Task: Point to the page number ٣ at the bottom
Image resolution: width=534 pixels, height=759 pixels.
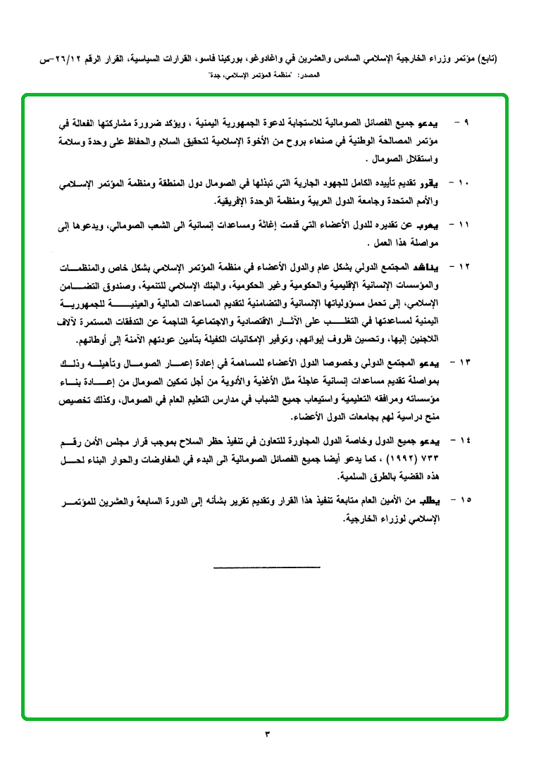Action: (x=267, y=735)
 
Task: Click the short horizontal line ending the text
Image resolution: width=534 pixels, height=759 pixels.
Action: (x=266, y=567)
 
